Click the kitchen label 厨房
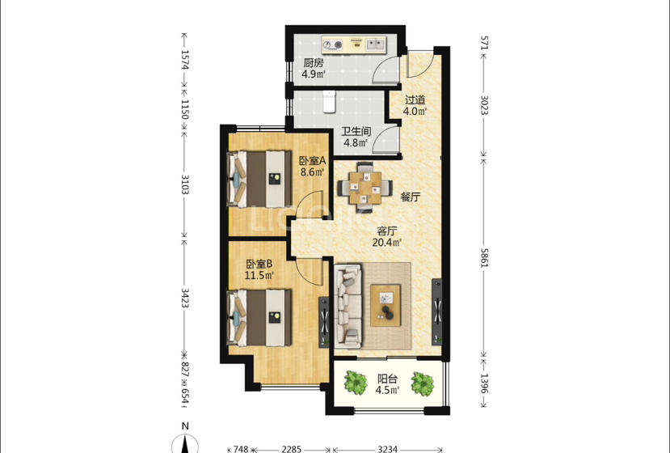pos(314,63)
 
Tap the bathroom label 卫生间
pos(356,131)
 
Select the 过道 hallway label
pos(415,100)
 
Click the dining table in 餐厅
pos(365,188)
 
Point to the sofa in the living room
pos(348,306)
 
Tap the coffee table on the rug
pos(386,305)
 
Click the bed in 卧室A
pos(259,179)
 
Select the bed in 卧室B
pos(259,317)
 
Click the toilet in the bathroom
pos(329,102)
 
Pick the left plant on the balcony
pos(356,382)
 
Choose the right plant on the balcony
pos(423,383)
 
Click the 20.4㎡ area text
pos(386,243)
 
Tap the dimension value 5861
pos(484,257)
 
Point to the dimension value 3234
pos(388,449)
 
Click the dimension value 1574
pos(184,60)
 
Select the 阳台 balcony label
pos(388,379)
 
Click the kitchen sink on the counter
pos(376,44)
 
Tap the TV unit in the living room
pos(436,311)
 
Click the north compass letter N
pos(185,426)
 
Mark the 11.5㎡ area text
pos(259,276)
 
